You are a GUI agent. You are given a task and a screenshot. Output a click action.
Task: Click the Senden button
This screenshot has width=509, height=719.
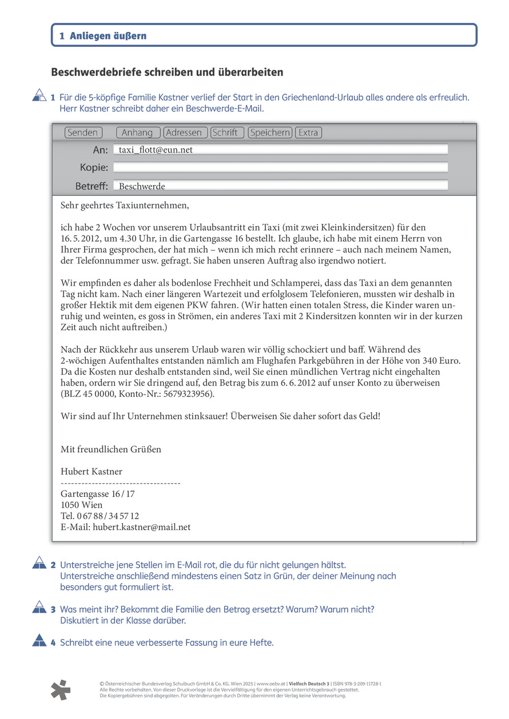click(x=83, y=132)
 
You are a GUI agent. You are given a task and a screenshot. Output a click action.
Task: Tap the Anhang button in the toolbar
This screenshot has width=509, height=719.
click(x=137, y=132)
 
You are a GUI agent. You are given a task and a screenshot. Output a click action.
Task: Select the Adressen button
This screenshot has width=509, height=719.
click(x=184, y=132)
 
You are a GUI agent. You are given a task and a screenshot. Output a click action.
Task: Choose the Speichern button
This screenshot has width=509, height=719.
click(x=270, y=132)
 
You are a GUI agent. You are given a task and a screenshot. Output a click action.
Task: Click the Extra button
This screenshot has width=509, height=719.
click(x=308, y=132)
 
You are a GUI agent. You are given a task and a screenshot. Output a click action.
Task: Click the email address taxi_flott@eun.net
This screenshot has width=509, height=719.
click(x=156, y=150)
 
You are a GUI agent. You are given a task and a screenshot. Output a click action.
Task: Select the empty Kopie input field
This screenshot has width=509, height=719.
click(x=280, y=167)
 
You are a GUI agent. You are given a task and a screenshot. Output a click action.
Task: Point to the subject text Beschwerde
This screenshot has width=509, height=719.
click(x=142, y=186)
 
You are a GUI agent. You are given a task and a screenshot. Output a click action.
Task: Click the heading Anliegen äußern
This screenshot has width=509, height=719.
click(x=108, y=36)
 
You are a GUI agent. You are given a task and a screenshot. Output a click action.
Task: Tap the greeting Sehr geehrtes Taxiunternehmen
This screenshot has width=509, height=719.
click(x=124, y=205)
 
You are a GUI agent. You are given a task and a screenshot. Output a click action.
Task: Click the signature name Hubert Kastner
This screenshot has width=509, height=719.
click(x=92, y=471)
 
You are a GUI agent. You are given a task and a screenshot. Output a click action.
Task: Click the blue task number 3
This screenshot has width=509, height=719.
click(x=53, y=609)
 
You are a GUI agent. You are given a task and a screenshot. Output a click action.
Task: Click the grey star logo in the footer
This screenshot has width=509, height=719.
click(x=61, y=690)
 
